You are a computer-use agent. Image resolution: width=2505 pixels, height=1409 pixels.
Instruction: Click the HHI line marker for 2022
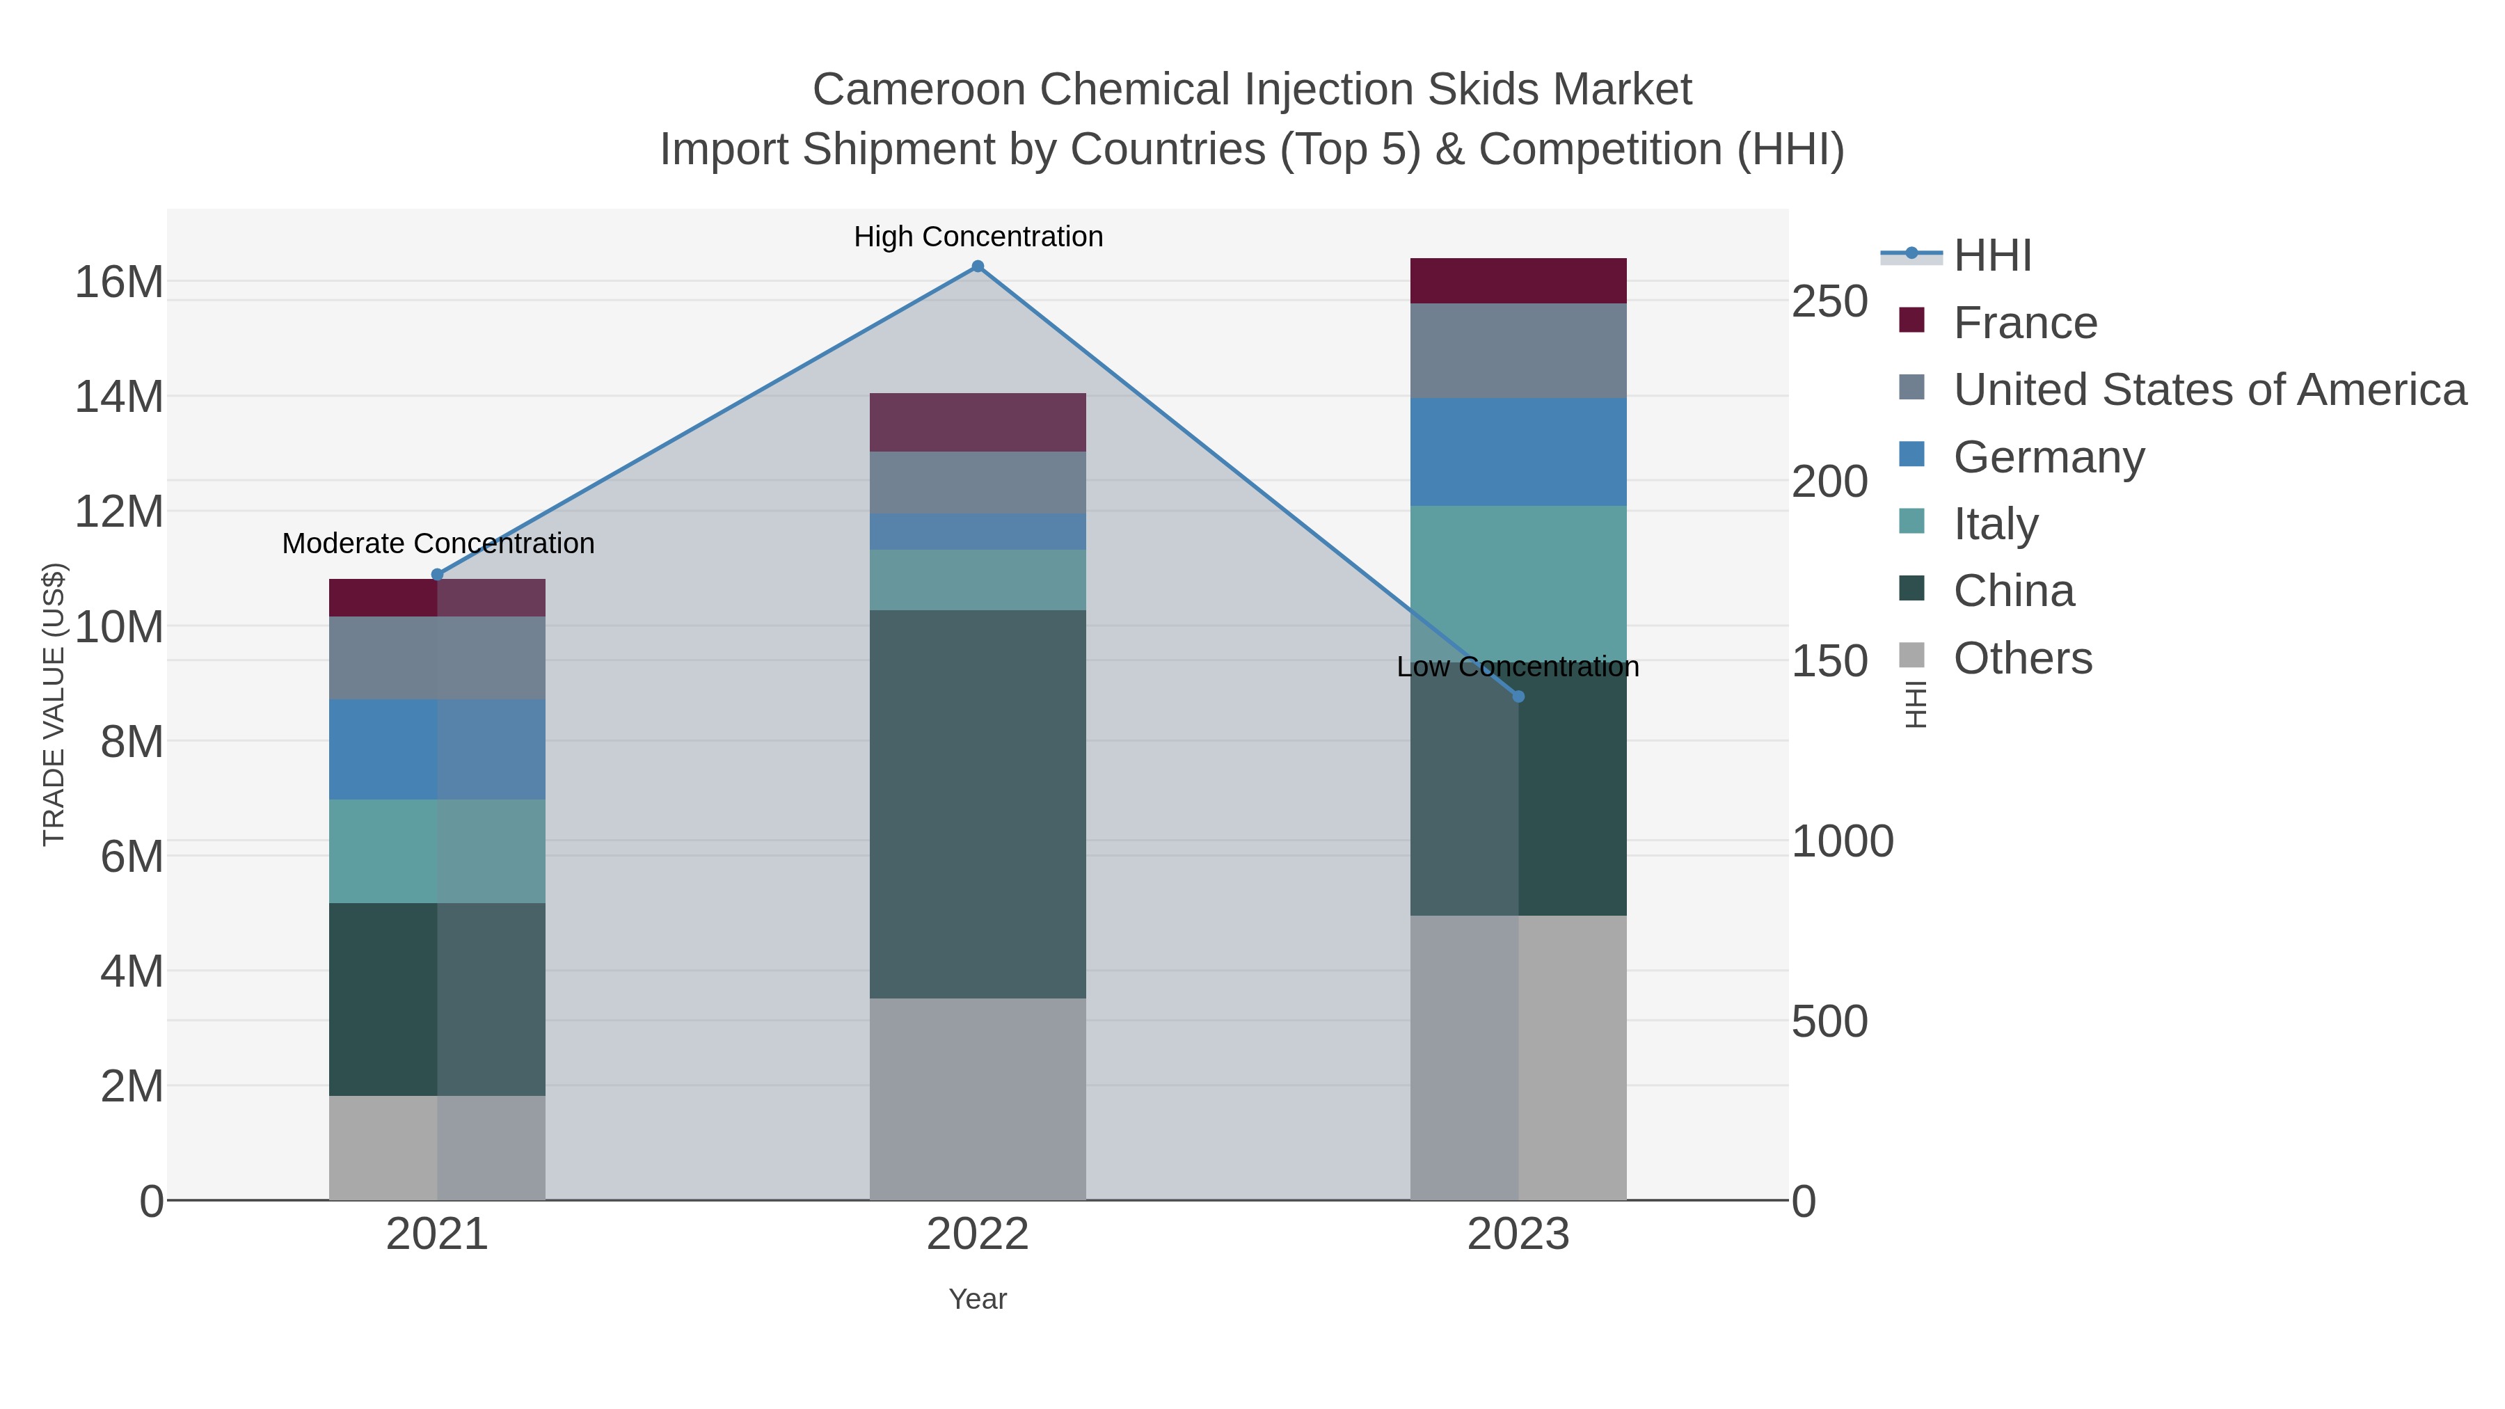(978, 266)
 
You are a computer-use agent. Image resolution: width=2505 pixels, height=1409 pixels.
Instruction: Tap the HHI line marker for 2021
(436, 575)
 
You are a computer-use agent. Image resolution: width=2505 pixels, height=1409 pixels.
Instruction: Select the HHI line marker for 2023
(1518, 696)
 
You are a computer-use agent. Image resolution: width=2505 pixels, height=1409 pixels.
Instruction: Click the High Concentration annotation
(978, 237)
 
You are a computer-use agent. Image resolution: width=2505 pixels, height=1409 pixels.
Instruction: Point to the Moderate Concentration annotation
(438, 543)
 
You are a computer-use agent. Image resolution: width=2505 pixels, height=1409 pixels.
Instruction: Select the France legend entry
(2025, 323)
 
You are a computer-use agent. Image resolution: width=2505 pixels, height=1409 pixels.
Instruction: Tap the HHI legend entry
(1991, 256)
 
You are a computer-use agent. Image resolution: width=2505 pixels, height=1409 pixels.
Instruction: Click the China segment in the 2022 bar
(978, 804)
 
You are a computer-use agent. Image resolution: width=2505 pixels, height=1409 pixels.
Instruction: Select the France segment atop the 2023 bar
(1518, 281)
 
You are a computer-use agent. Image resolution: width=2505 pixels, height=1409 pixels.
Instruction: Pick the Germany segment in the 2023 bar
(1518, 452)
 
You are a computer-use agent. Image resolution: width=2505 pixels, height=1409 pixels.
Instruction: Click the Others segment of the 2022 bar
(978, 1099)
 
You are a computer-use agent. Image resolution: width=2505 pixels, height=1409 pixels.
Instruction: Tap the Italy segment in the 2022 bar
(978, 580)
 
